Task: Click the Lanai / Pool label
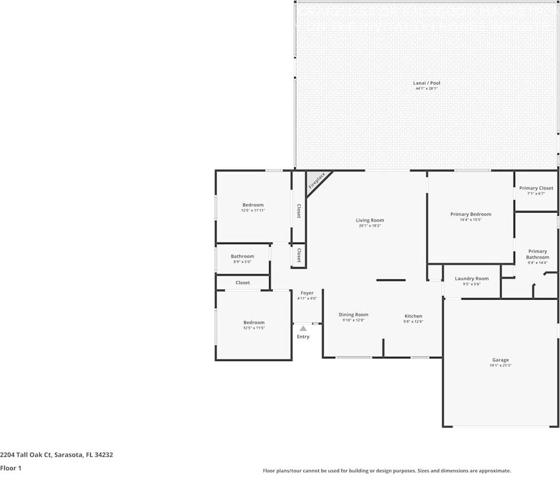tap(426, 83)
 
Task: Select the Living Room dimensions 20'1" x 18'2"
tap(370, 226)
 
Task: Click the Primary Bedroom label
tap(470, 214)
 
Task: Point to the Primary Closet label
tap(536, 188)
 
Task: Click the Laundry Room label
tap(471, 278)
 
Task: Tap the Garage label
tap(500, 360)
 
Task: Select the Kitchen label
tap(413, 316)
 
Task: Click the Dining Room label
tap(353, 315)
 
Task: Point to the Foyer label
tap(307, 293)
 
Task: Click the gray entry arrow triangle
tap(303, 329)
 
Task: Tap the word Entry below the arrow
tap(303, 337)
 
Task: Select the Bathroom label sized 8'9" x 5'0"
tap(242, 256)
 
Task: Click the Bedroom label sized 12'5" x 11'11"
tap(253, 205)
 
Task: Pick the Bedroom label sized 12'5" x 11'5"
tap(254, 323)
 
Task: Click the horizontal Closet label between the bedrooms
tap(242, 283)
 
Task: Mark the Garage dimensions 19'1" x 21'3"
tap(500, 366)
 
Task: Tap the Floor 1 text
tap(10, 468)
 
